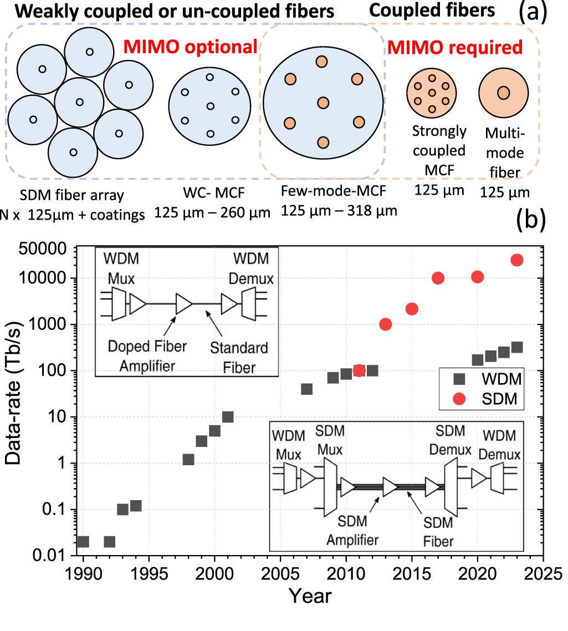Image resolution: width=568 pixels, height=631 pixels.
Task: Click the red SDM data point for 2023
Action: coord(517,260)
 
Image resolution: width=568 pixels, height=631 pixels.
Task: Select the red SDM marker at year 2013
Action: coord(386,324)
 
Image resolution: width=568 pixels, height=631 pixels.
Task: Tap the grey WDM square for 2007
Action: coord(306,389)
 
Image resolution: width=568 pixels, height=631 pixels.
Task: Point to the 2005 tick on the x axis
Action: coord(280,572)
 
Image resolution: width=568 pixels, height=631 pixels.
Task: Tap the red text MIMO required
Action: coord(454,48)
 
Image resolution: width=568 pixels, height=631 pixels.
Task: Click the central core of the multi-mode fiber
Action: coord(503,92)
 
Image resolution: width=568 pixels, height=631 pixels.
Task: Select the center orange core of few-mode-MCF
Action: coord(323,103)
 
